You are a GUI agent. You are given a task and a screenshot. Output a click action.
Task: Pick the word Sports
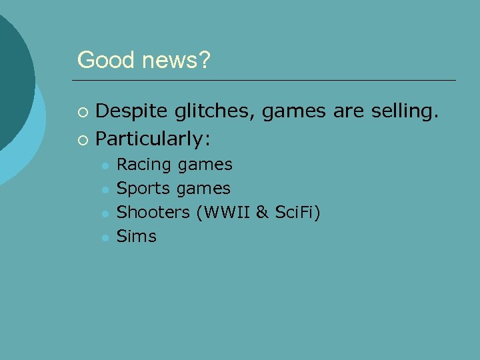[x=143, y=189]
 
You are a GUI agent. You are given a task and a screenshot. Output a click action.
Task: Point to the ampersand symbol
[x=262, y=212]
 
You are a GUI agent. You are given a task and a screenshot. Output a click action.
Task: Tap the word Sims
[x=136, y=236]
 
